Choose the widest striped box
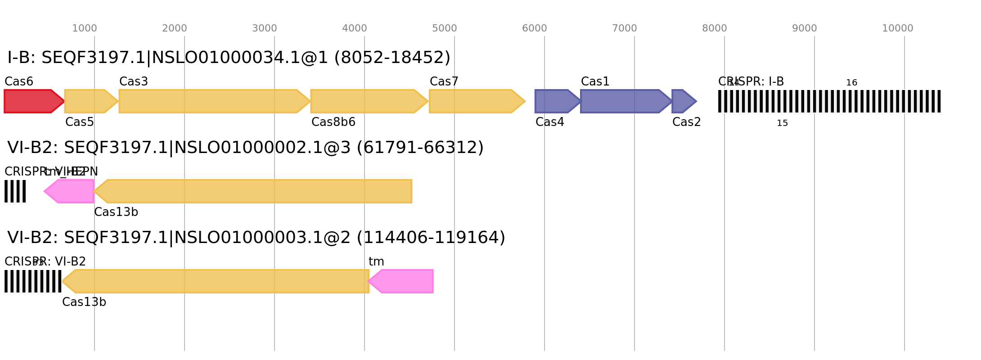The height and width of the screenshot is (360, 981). point(829,101)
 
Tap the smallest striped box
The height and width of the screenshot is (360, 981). point(15,191)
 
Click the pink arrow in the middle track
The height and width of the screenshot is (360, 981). point(70,191)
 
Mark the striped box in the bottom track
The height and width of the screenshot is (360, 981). point(33,281)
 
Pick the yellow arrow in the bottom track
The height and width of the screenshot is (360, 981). point(216,281)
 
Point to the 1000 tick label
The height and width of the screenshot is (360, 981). point(85,28)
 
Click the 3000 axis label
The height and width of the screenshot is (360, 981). point(265,28)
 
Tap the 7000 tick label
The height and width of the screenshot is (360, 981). point(625,28)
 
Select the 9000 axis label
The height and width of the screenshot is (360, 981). point(805,28)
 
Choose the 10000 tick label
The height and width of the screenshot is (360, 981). point(898,28)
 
